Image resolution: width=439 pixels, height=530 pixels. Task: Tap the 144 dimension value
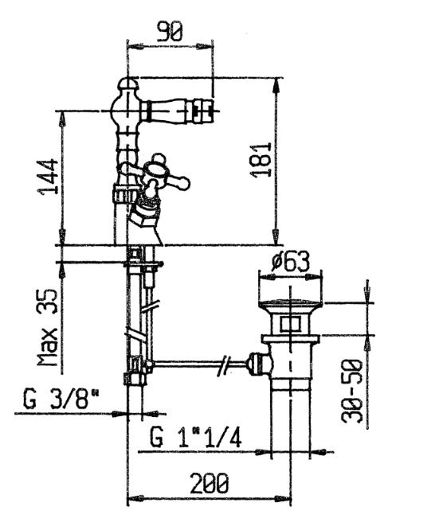(48, 177)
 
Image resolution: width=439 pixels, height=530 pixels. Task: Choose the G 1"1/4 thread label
(196, 437)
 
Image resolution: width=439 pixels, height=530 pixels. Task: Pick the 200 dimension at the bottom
(210, 483)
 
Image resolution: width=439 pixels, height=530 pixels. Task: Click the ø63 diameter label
(291, 262)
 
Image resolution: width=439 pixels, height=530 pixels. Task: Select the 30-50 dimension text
(352, 392)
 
